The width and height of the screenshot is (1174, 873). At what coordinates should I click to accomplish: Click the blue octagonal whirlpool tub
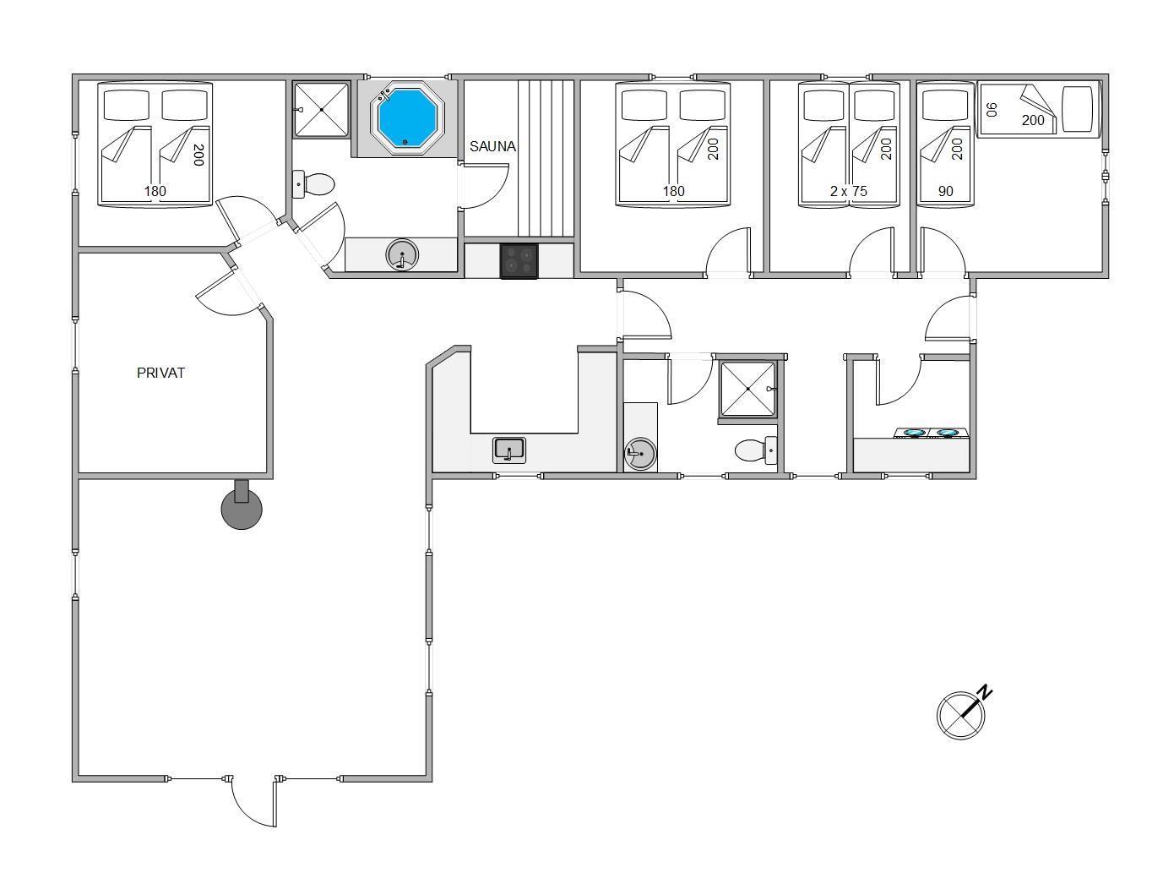[x=406, y=117]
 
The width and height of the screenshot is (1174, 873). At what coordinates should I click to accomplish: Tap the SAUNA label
[x=492, y=146]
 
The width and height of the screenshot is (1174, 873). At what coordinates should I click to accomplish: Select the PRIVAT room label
[x=160, y=373]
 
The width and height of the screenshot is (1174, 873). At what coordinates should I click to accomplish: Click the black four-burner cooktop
[x=519, y=260]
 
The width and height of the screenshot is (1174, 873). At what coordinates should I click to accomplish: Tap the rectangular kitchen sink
[x=508, y=450]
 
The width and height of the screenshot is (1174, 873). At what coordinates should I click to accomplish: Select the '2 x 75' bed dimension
[x=849, y=191]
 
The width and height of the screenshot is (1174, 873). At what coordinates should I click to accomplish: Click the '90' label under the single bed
[x=945, y=191]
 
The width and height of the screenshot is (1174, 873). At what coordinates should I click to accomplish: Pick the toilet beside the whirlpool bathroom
[x=313, y=184]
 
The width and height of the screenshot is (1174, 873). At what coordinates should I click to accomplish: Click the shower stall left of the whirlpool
[x=321, y=110]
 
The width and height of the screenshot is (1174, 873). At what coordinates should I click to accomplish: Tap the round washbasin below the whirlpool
[x=402, y=255]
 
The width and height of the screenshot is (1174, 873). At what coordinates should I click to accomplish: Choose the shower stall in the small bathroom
[x=748, y=389]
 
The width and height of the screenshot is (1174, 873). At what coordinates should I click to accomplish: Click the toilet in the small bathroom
[x=756, y=450]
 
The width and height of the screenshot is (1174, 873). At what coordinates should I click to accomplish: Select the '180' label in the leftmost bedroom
[x=155, y=191]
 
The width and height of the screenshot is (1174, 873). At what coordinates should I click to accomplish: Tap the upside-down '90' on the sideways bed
[x=992, y=110]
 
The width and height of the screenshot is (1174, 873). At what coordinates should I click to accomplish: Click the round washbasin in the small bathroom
[x=640, y=454]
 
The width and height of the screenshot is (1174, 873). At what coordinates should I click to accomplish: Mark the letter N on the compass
[x=985, y=692]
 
